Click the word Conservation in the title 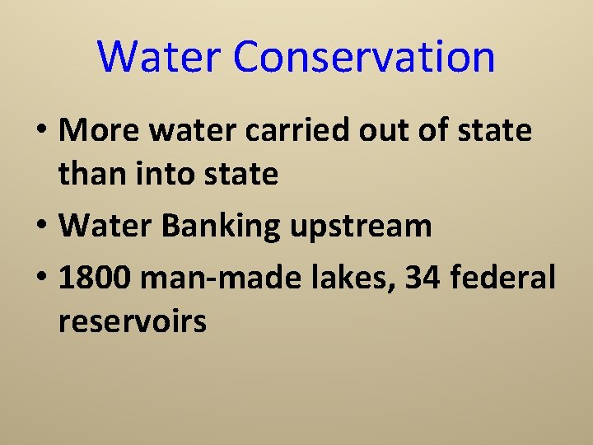364,57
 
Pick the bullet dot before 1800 41,279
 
